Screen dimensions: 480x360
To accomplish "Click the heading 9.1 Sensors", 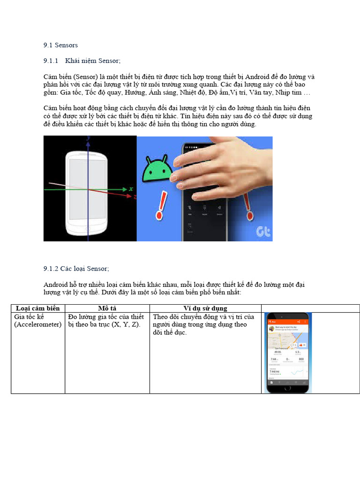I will (60, 45).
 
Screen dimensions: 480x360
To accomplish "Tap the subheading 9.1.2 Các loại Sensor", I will (76, 269).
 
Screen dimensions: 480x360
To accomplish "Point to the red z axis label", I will (135, 197).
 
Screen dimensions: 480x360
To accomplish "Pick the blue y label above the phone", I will (88, 139).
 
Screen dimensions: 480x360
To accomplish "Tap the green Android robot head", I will (157, 169).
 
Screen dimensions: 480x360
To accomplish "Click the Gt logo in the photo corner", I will (262, 231).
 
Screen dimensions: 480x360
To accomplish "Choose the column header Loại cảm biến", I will (37, 308).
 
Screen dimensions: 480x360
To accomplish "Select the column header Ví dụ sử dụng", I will (205, 308).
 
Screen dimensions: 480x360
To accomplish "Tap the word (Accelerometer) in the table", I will (37, 324).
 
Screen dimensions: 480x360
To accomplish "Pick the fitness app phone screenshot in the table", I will (288, 352).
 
